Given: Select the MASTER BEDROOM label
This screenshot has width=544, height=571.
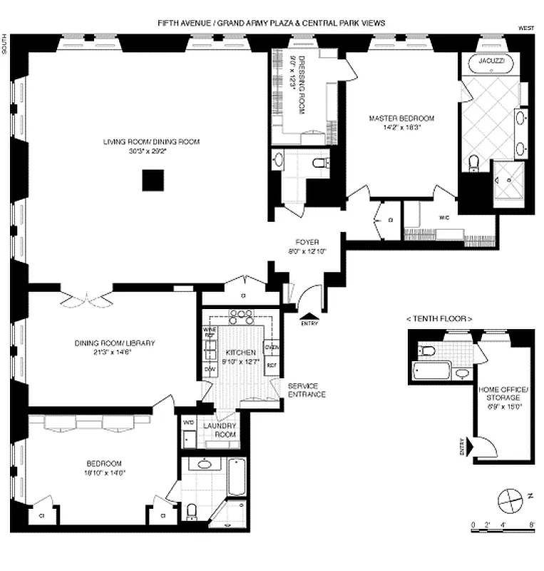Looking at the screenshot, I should [x=401, y=118].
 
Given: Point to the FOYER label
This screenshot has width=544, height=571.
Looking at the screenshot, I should [x=306, y=242].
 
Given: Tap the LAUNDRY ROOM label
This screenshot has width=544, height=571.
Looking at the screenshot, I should [x=220, y=430].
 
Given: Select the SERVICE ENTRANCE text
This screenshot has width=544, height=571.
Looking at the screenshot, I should [x=307, y=390].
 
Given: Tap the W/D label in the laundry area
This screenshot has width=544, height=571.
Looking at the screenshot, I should [x=188, y=422].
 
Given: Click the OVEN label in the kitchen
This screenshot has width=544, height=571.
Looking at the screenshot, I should [x=271, y=348].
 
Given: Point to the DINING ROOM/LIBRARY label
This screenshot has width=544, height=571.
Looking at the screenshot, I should [x=114, y=343].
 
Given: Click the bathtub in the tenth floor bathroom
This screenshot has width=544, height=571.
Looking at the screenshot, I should [x=431, y=371].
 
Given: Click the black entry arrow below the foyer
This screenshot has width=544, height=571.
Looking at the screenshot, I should [x=308, y=315].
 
